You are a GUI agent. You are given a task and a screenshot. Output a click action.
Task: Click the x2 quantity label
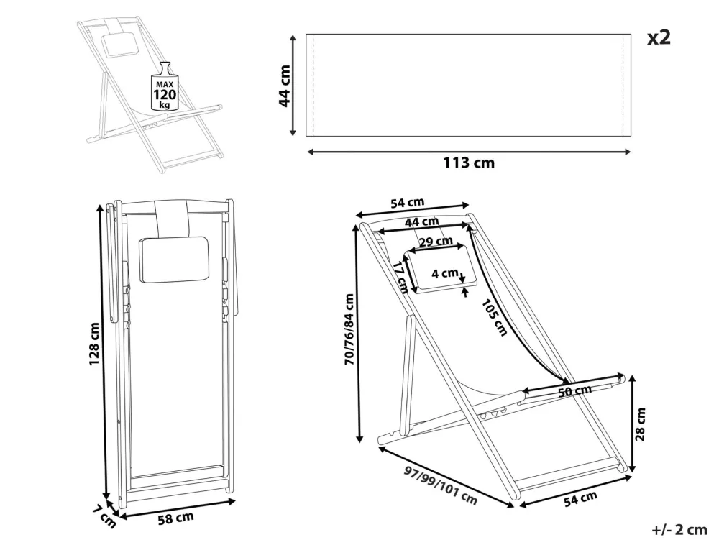point(659,37)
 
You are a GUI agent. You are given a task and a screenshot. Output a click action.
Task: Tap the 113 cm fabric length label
point(469,163)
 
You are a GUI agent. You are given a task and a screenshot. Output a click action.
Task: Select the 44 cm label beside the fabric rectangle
point(285,86)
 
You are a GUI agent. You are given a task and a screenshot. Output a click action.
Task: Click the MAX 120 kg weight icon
point(165,86)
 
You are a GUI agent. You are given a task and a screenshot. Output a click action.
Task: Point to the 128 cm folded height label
point(94,344)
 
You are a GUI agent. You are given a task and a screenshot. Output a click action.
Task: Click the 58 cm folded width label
point(176,518)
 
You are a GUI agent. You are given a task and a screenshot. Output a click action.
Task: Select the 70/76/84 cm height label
point(349,329)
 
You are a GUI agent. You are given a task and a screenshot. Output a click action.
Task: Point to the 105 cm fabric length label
point(495,318)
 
